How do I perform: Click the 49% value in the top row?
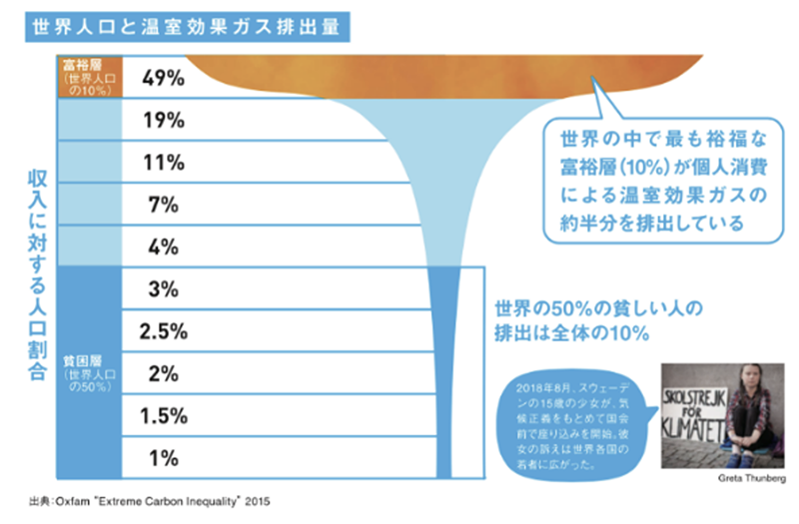click(160, 77)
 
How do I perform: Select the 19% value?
click(160, 120)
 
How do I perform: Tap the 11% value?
click(160, 163)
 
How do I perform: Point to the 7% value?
click(160, 205)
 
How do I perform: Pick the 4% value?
click(160, 247)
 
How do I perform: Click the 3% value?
click(160, 289)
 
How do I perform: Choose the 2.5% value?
click(160, 332)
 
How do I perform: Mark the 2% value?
click(160, 374)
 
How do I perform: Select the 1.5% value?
click(160, 416)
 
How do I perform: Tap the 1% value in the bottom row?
click(160, 459)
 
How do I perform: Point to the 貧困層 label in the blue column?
click(88, 374)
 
